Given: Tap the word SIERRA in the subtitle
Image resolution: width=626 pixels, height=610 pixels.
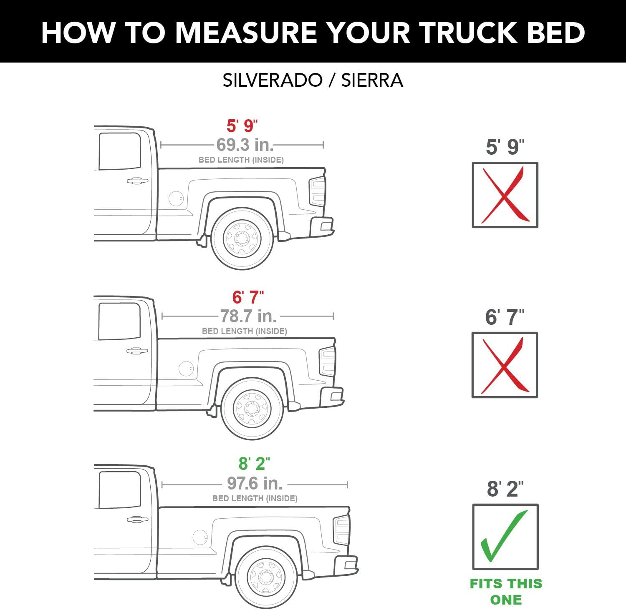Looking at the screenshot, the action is (372, 80).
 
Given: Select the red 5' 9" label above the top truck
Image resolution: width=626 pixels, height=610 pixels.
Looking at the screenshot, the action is (242, 126).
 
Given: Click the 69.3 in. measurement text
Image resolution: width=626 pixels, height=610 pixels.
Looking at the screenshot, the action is (245, 145).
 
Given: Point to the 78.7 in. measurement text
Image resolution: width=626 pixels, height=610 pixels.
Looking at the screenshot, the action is (248, 316).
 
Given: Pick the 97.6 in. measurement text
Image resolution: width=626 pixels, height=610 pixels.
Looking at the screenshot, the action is (255, 484).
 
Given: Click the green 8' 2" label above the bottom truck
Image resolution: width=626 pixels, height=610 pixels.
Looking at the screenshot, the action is (254, 464).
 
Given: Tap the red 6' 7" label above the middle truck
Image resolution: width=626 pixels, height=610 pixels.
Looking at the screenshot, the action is (248, 298).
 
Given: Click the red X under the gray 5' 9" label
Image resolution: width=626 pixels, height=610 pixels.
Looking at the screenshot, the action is (505, 195).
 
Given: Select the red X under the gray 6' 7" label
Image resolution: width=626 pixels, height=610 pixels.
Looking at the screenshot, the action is (505, 365).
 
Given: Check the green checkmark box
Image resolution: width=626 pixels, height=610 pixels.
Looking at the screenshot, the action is (505, 537).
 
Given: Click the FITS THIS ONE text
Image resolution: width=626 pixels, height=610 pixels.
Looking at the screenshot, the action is (506, 592).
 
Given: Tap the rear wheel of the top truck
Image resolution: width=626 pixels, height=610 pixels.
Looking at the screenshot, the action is (242, 239).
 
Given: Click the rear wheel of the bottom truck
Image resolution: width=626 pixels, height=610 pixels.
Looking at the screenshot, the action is (266, 578).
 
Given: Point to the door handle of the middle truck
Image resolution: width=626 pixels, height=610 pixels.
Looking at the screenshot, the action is (137, 351).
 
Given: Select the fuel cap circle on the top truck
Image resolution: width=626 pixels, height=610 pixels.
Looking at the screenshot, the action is (176, 198).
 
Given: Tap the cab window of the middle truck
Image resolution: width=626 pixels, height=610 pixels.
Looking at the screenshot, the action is (119, 321).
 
